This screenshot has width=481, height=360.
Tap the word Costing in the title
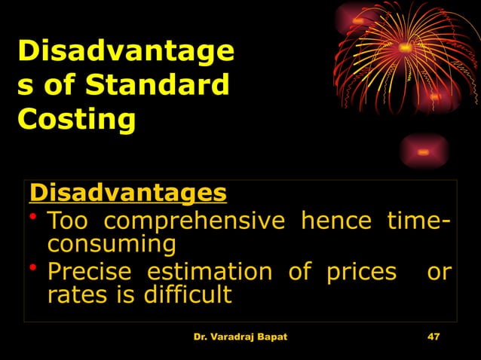76,119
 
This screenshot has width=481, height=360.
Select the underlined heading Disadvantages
127,193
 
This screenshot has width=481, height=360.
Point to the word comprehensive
195,221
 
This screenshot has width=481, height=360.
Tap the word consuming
112,244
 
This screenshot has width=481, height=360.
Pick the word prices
361,271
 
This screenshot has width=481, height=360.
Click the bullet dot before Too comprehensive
34,219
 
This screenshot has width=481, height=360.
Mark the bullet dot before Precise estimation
34,269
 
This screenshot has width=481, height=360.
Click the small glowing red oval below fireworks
424,152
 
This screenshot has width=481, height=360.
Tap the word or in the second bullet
439,271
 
